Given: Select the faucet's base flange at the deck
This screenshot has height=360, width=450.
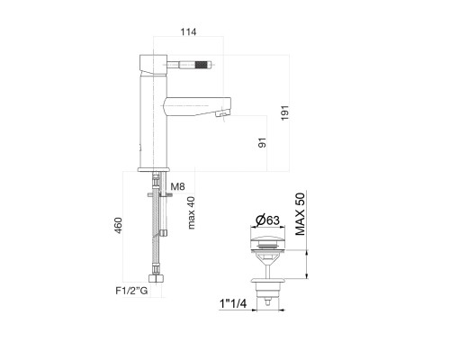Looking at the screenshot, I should point(153,170).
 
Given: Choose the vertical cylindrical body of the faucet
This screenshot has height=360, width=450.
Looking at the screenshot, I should point(152,117).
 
